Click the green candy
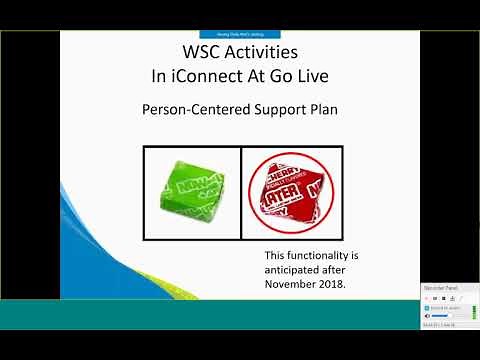191,190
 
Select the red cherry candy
291,189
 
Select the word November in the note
291,282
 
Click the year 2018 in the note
337,282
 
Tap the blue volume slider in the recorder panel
441,316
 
